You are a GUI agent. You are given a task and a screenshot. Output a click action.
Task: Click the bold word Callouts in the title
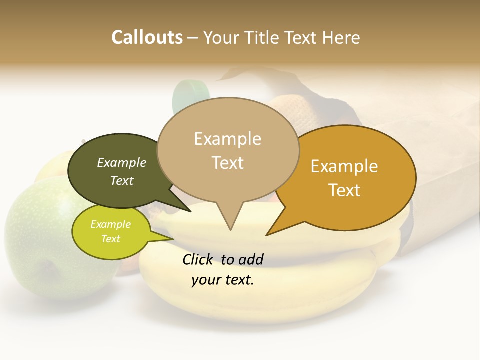pyautogui.click(x=147, y=38)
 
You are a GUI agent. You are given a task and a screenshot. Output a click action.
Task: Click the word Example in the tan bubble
pyautogui.click(x=227, y=139)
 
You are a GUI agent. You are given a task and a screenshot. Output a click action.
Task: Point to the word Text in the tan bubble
pyautogui.click(x=227, y=163)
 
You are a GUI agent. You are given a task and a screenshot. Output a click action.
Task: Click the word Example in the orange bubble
pyautogui.click(x=344, y=166)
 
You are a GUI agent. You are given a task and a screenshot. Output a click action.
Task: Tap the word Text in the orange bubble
pyautogui.click(x=344, y=190)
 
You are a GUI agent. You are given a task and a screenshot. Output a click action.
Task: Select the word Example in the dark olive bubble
pyautogui.click(x=122, y=162)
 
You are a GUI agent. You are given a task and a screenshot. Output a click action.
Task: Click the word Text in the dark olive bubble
pyautogui.click(x=122, y=180)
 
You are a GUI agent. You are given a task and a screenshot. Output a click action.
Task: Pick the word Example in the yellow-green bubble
pyautogui.click(x=110, y=224)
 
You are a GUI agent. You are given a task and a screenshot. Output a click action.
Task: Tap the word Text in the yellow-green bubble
pyautogui.click(x=110, y=239)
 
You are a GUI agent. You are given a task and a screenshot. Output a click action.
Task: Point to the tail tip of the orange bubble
pyautogui.click(x=267, y=234)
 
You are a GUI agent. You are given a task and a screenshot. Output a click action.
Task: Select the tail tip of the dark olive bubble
pyautogui.click(x=190, y=211)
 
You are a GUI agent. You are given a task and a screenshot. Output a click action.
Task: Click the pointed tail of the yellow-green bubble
pyautogui.click(x=172, y=239)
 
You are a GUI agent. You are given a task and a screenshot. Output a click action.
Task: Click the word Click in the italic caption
pyautogui.click(x=198, y=259)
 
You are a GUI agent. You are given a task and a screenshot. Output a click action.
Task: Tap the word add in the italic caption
pyautogui.click(x=251, y=259)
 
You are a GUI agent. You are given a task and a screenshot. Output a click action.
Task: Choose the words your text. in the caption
pyautogui.click(x=222, y=280)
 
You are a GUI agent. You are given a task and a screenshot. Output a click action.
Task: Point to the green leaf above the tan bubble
pyautogui.click(x=190, y=95)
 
